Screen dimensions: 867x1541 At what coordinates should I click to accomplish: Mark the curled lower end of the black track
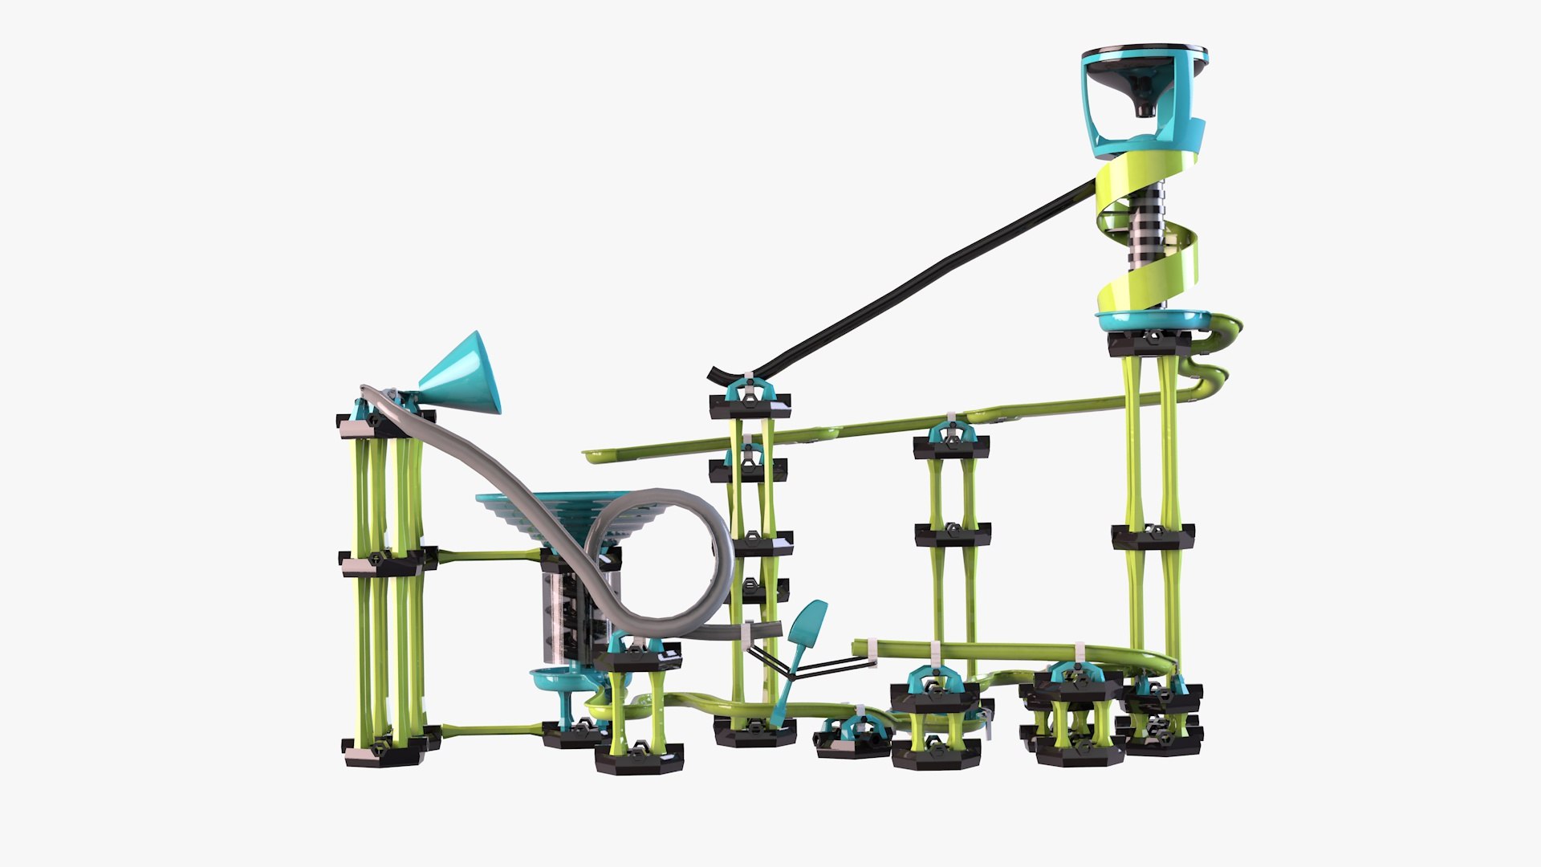point(717,374)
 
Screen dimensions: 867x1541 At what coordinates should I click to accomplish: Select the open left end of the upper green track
point(594,457)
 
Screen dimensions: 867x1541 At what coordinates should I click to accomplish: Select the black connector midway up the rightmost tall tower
point(1153,535)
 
